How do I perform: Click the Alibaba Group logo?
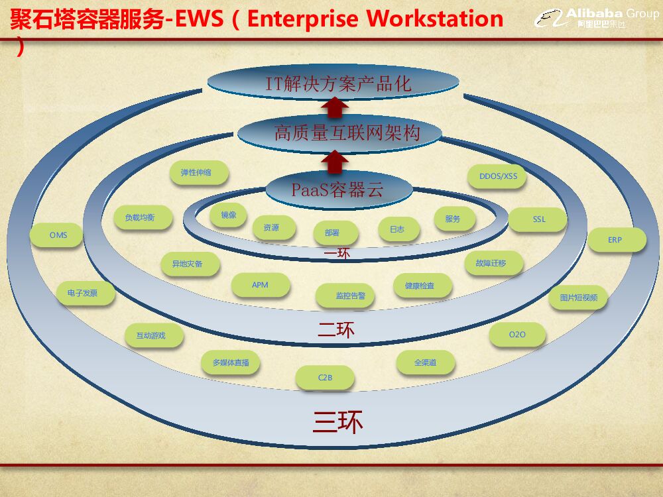point(596,18)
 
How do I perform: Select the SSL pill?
point(538,219)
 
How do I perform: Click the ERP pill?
point(616,240)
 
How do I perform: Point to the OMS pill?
point(58,235)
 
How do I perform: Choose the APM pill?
point(261,285)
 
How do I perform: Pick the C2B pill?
point(325,378)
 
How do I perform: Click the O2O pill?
point(517,335)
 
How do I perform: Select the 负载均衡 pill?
point(143,217)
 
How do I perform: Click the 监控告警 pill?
point(345,296)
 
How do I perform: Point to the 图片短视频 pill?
point(578,298)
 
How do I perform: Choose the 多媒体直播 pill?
point(231,363)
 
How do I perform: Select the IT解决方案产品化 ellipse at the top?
point(333,83)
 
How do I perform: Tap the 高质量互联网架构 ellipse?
point(338,133)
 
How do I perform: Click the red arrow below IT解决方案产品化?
point(335,107)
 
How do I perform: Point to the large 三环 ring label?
point(338,422)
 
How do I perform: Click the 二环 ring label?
point(336,329)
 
